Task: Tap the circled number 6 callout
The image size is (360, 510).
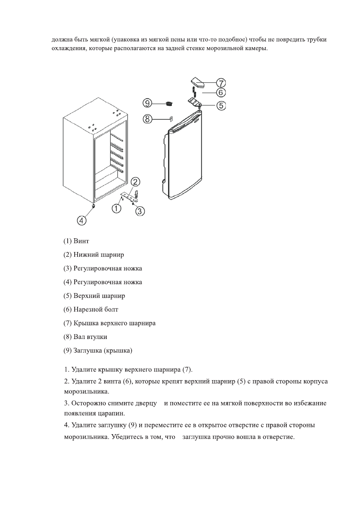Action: [220, 92]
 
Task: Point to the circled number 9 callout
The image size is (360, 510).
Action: [148, 103]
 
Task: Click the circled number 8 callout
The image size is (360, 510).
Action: [148, 120]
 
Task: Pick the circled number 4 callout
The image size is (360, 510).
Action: [81, 220]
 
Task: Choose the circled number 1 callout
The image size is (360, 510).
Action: [117, 209]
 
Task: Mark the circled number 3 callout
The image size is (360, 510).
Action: [140, 211]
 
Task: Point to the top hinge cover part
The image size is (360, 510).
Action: [197, 81]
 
